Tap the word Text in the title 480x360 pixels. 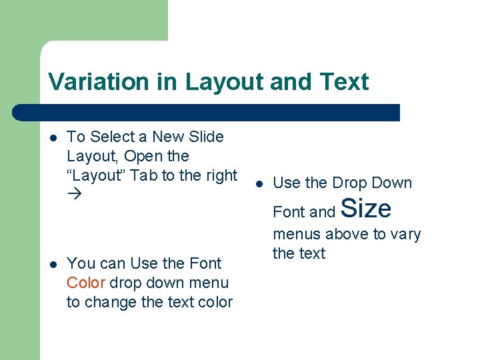tap(343, 82)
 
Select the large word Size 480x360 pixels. tap(366, 209)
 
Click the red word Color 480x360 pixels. tap(85, 283)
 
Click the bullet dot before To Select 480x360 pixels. tap(53, 138)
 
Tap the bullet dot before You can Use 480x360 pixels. tap(53, 265)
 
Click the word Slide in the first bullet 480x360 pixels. tap(206, 137)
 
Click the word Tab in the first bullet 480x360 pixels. tap(143, 175)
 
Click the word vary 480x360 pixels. tap(406, 234)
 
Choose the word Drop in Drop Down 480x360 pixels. tap(351, 183)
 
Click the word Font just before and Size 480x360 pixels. tap(289, 212)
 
